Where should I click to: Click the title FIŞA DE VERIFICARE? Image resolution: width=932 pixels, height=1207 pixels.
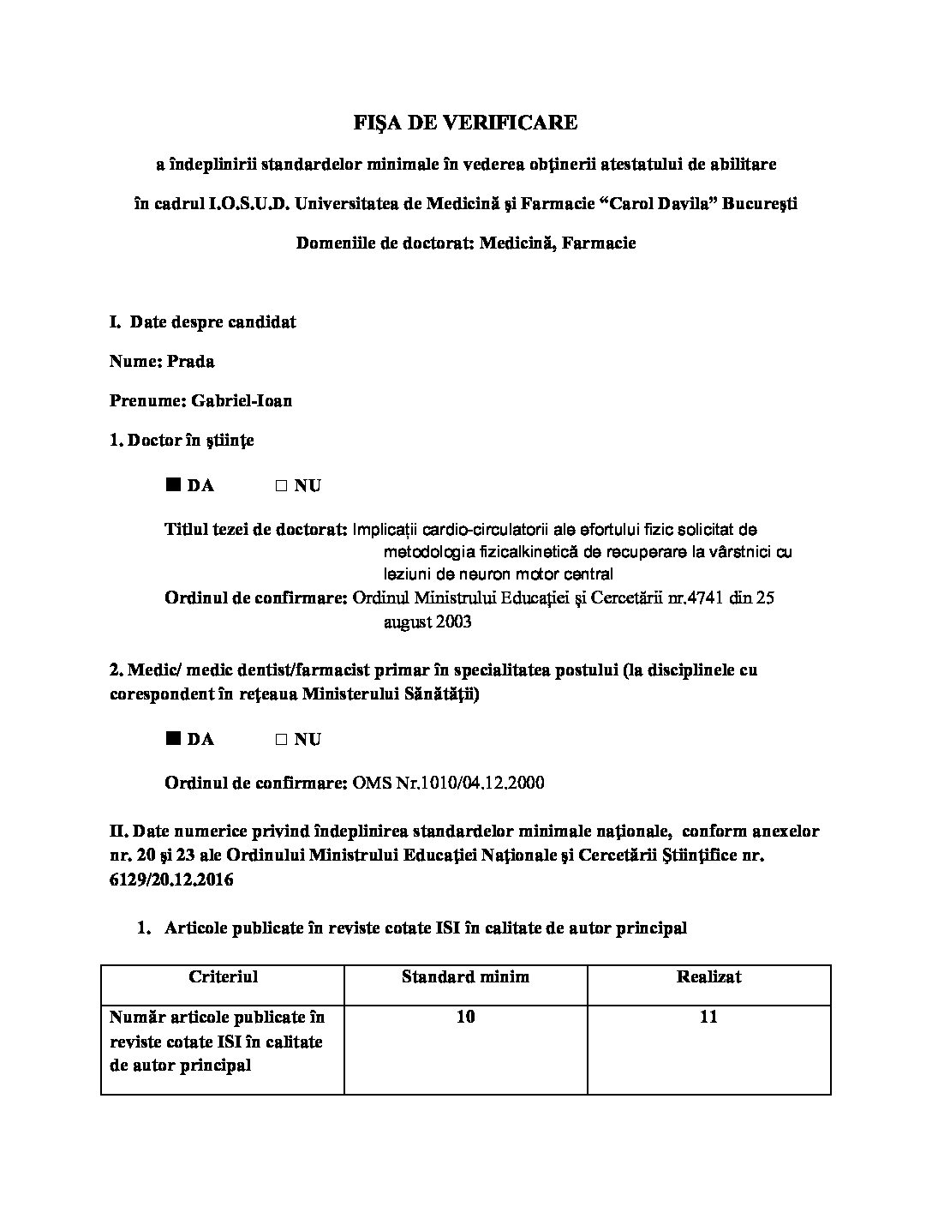pyautogui.click(x=465, y=123)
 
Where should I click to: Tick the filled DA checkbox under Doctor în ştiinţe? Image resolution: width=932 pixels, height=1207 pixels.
pyautogui.click(x=173, y=485)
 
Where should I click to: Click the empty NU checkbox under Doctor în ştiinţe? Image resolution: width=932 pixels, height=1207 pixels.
pyautogui.click(x=281, y=486)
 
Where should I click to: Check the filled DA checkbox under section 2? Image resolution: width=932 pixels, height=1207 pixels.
pyautogui.click(x=173, y=739)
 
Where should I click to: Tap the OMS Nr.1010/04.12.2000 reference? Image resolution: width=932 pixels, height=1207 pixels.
pyautogui.click(x=448, y=784)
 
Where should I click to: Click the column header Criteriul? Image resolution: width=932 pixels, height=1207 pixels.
pyautogui.click(x=223, y=976)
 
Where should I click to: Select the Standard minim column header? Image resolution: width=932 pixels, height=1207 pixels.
pyautogui.click(x=465, y=976)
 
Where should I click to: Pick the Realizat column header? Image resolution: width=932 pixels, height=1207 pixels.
pyautogui.click(x=708, y=976)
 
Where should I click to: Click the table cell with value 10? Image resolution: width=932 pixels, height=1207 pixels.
pyautogui.click(x=466, y=1018)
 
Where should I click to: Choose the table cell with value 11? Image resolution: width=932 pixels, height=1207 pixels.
pyautogui.click(x=708, y=1018)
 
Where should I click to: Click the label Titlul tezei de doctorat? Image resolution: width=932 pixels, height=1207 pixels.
pyautogui.click(x=255, y=530)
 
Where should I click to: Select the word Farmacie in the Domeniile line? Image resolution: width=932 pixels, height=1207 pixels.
pyautogui.click(x=599, y=243)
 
